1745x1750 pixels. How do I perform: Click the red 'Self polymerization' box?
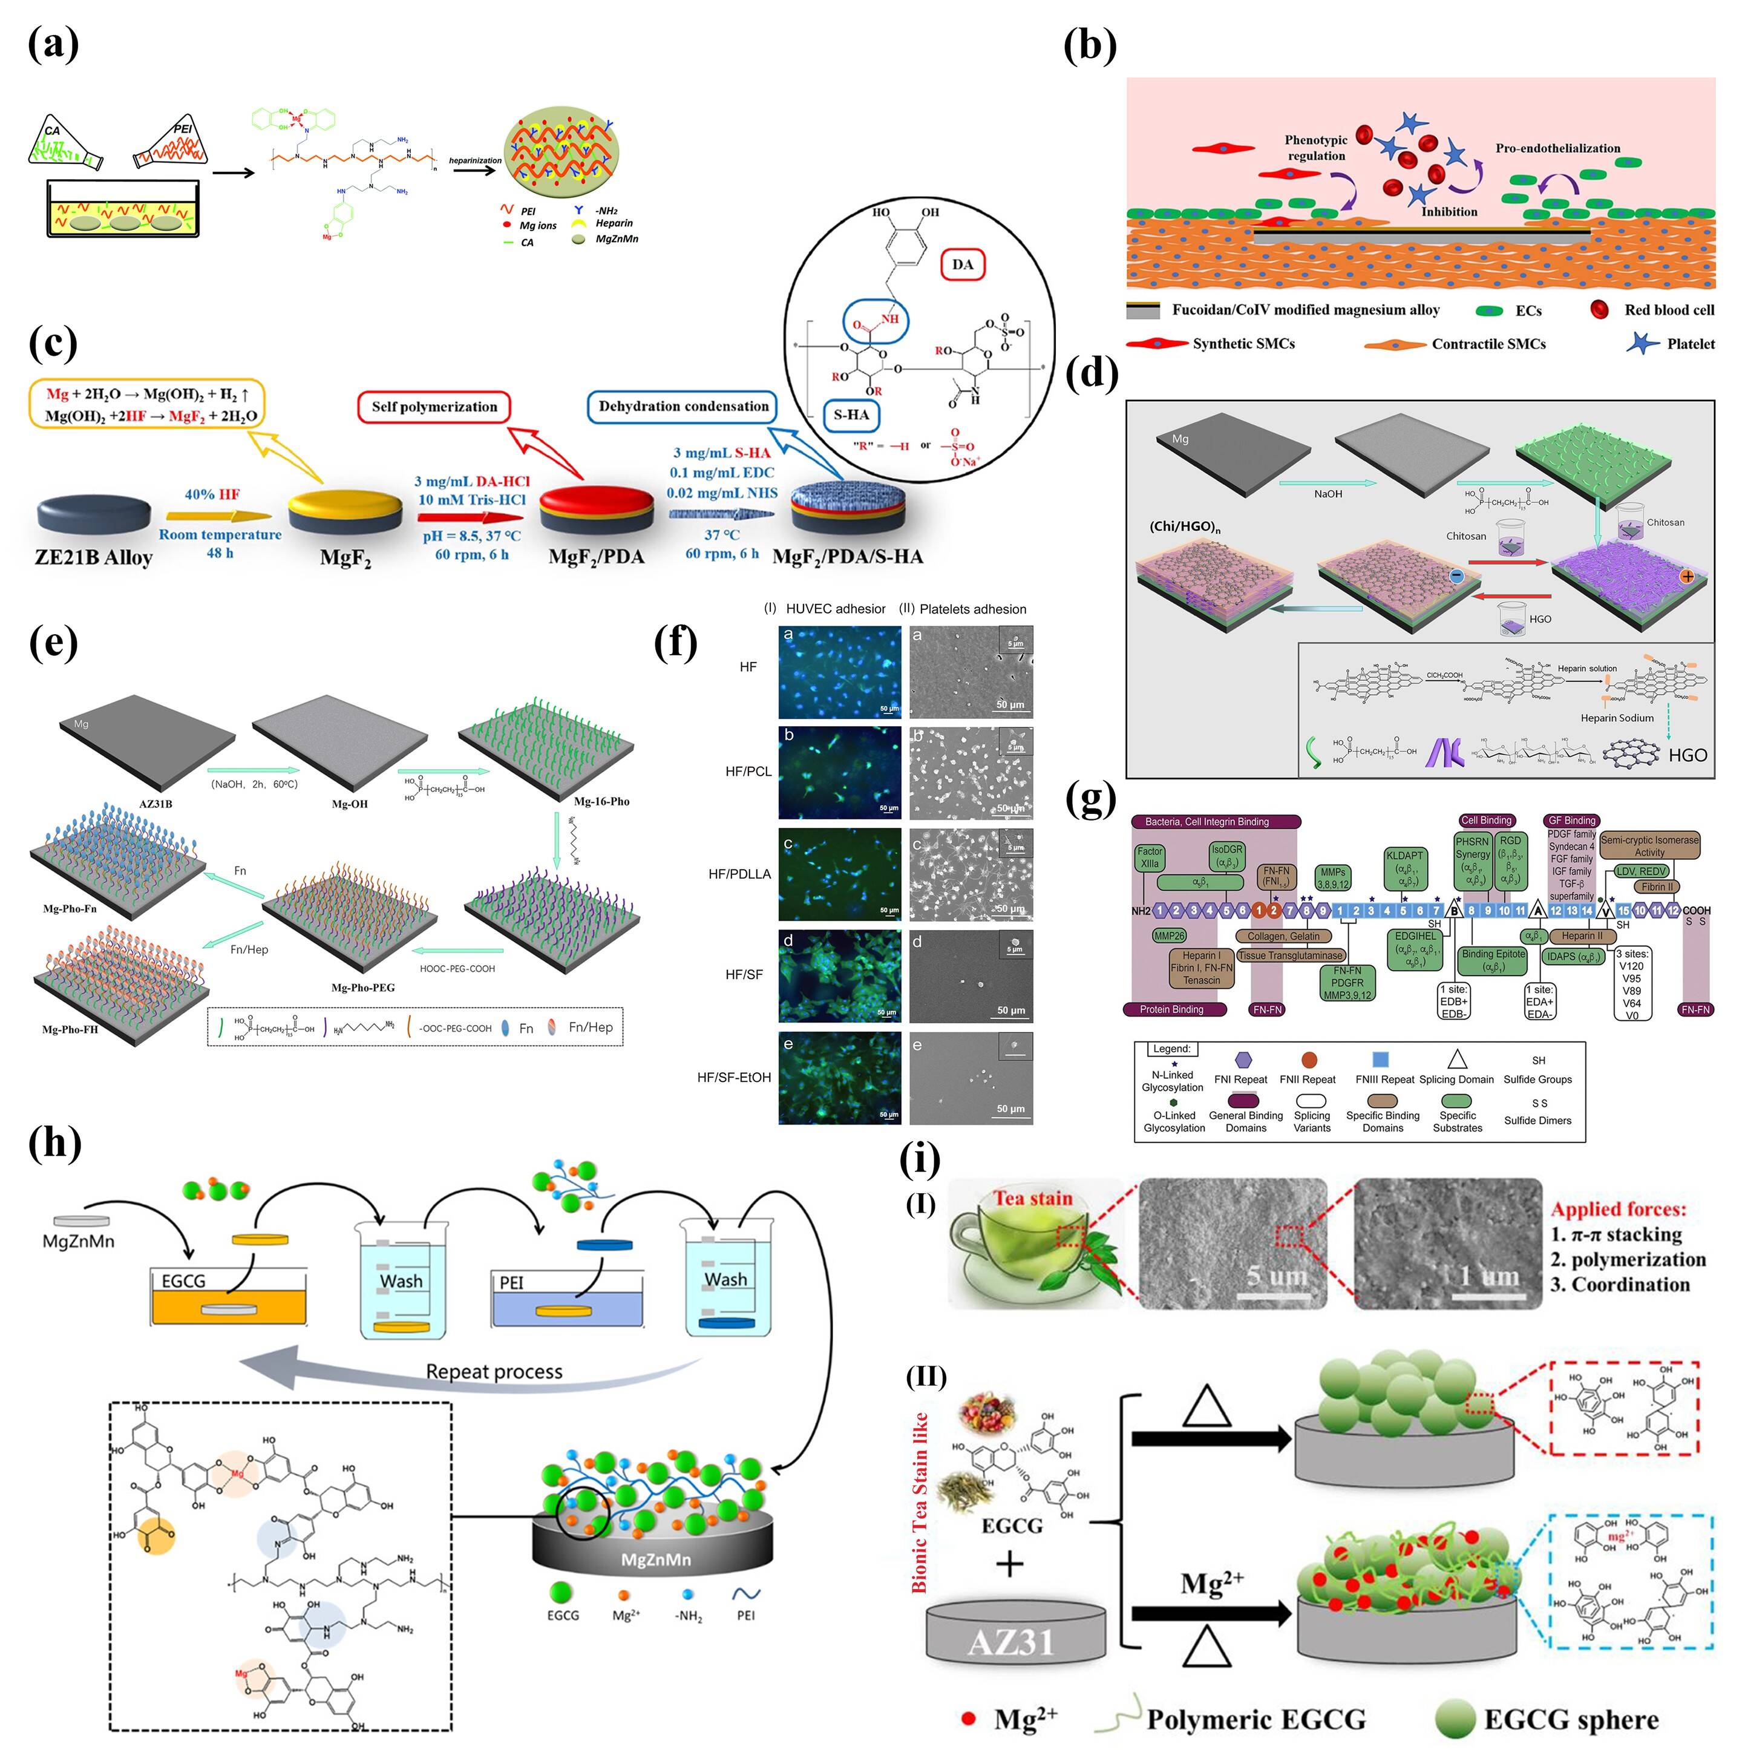pos(434,407)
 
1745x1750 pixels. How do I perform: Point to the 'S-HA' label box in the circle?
pos(851,415)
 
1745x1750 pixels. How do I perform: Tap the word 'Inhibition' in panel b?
pos(1449,212)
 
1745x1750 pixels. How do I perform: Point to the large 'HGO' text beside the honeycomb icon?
pos(1687,755)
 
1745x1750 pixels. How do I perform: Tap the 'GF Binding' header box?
pos(1572,821)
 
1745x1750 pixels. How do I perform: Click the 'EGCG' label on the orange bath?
pos(184,1281)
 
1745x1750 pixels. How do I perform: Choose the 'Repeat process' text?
pos(494,1371)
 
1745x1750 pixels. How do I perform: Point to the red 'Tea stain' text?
pos(1032,1198)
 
